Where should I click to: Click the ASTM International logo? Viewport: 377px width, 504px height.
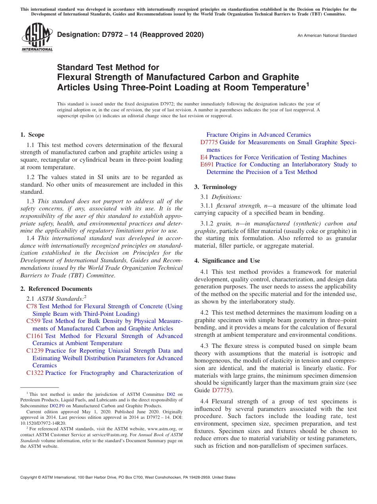tap(37, 37)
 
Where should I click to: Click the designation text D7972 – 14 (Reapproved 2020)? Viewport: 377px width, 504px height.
tap(130, 34)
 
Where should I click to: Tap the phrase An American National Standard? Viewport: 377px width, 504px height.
tap(327, 36)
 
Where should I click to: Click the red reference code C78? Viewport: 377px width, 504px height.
tap(32, 306)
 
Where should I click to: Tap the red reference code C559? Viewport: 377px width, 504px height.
tap(33, 321)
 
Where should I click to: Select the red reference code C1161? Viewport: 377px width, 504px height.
tap(35, 336)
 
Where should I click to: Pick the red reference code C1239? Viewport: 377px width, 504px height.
tap(35, 351)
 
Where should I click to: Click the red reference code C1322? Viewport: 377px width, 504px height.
tap(35, 373)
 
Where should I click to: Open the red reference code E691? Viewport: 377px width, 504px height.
tap(207, 164)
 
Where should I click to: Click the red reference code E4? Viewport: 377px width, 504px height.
tap(204, 157)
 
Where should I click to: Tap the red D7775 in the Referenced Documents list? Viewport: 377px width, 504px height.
tap(209, 142)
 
